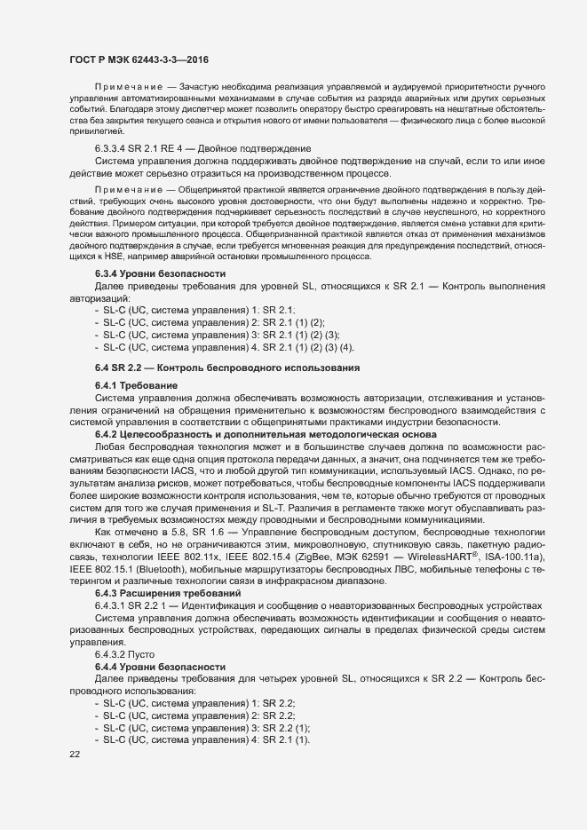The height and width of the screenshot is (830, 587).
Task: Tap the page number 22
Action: pos(75,755)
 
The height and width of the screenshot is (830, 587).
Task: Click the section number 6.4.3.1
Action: pos(113,604)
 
